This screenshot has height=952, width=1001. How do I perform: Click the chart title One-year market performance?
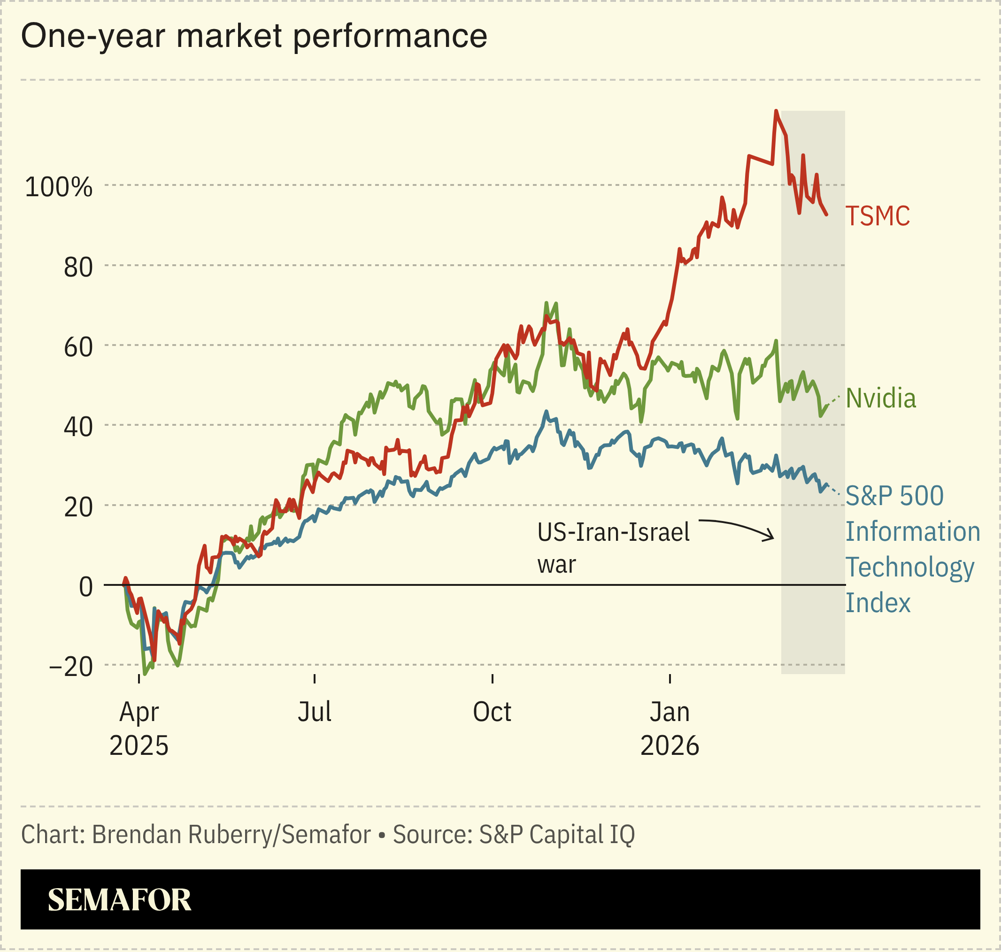[x=254, y=37]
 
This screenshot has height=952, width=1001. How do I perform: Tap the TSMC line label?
[x=877, y=216]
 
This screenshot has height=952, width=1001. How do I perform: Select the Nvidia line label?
[x=881, y=399]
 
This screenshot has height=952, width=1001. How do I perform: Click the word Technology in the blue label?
[x=909, y=568]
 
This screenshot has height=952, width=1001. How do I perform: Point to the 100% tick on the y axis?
[x=59, y=187]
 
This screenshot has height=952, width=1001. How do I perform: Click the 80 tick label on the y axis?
[x=78, y=268]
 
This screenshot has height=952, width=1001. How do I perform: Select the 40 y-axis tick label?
[x=78, y=427]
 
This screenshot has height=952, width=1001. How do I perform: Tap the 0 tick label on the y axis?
[x=86, y=587]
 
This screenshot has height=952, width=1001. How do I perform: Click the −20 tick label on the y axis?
[x=71, y=667]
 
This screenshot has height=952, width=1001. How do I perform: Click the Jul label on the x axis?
[x=314, y=712]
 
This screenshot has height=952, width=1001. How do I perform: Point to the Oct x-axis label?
[x=492, y=712]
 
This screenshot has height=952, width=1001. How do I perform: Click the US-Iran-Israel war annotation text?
[x=613, y=548]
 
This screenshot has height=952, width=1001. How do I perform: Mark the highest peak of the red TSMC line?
[x=776, y=111]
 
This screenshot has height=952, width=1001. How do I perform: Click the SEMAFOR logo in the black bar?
[x=119, y=900]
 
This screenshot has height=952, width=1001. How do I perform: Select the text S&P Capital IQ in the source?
[x=557, y=835]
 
